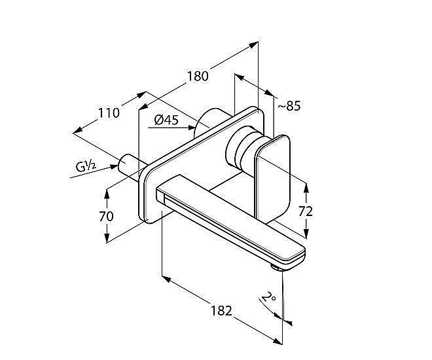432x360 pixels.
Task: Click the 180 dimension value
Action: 198,76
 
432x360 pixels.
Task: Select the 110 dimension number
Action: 109,113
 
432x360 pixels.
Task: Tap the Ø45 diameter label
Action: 166,120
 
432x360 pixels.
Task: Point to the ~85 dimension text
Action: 289,106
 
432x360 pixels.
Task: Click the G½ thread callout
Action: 86,167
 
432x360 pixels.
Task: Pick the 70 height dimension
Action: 106,216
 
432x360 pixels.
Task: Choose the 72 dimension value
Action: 306,211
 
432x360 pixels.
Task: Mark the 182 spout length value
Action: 221,311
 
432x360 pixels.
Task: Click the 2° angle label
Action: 268,298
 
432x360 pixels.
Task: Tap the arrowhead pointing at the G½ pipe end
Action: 115,167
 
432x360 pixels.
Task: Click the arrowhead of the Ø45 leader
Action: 191,128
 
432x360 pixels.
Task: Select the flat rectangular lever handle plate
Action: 272,176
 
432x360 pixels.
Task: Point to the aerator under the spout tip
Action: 276,268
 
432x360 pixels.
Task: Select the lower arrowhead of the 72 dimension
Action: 306,233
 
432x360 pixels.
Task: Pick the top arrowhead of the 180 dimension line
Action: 253,45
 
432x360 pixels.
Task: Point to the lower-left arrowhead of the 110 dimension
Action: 79,130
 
